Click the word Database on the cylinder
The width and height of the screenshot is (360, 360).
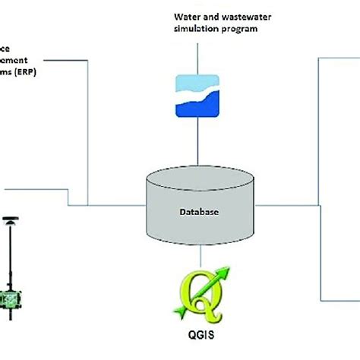click(199, 213)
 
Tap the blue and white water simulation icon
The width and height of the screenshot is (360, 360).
click(198, 96)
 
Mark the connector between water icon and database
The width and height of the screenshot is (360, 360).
click(198, 144)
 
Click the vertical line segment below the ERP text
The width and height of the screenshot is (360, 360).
click(89, 137)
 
